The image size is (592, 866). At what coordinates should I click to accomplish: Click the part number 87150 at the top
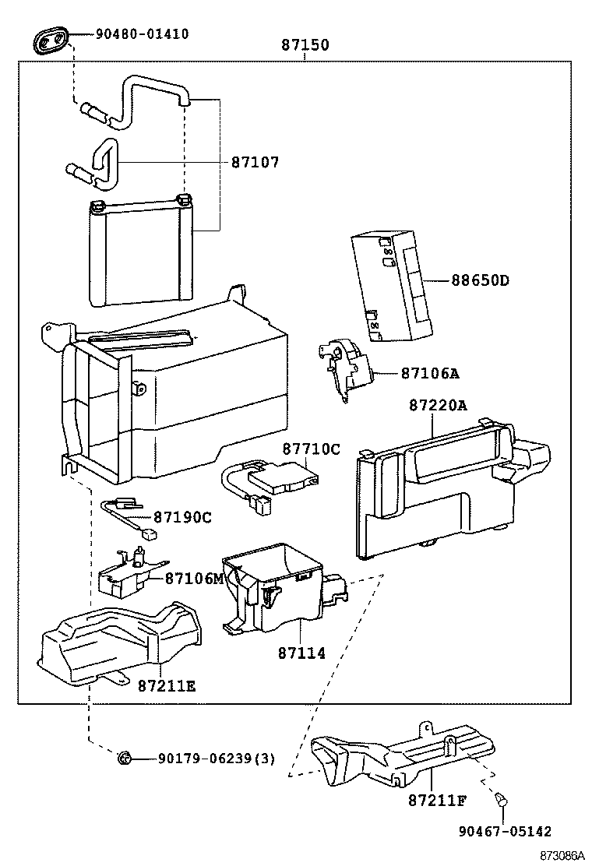[305, 46]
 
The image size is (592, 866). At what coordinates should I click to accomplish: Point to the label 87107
[255, 162]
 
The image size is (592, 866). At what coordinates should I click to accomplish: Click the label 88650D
[480, 280]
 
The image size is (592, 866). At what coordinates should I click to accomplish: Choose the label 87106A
[430, 373]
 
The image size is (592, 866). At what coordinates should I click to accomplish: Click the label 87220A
[438, 405]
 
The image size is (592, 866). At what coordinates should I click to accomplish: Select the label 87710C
[311, 449]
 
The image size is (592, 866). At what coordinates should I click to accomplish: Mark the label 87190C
[182, 517]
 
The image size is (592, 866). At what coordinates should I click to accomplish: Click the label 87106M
[194, 578]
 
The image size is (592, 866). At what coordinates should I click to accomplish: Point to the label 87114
[301, 653]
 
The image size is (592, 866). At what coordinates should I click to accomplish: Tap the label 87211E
[167, 685]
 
